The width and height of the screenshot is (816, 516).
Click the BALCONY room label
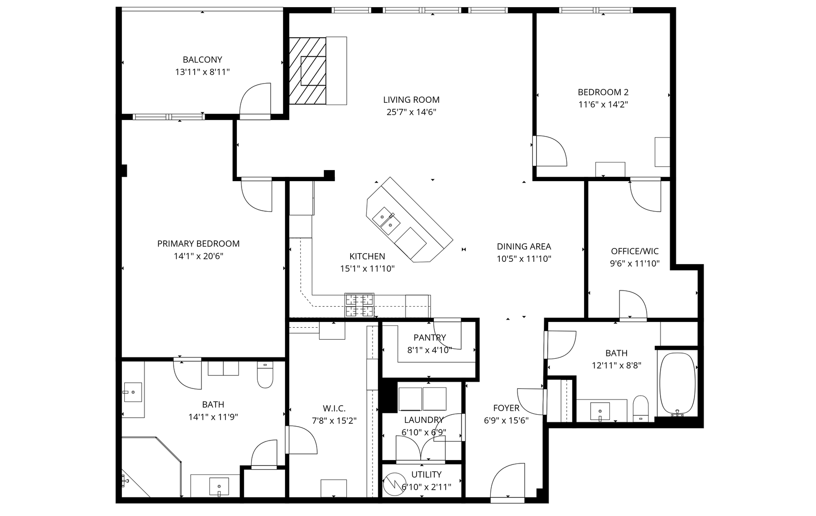[x=202, y=60]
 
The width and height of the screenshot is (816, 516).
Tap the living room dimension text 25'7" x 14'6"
[x=411, y=112]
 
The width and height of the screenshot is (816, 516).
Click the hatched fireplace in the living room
[x=308, y=71]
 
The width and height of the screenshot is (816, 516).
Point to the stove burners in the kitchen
[x=359, y=305]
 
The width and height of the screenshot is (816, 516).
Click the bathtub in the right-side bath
[x=677, y=384]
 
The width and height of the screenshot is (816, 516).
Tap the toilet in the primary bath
[x=265, y=375]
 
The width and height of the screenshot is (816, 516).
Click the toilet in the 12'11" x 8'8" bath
[x=640, y=409]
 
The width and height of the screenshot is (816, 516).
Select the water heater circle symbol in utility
[x=396, y=484]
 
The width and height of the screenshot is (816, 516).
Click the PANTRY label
[x=430, y=337]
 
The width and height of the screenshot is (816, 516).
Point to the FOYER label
[x=506, y=408]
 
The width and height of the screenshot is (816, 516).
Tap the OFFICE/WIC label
[x=635, y=251]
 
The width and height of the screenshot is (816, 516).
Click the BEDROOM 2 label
[x=603, y=92]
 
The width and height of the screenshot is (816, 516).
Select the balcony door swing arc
[x=255, y=99]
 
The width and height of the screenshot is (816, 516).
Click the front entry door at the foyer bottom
[x=507, y=483]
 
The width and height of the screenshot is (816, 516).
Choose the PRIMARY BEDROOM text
[x=198, y=244]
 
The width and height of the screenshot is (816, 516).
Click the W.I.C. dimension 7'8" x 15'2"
[x=334, y=421]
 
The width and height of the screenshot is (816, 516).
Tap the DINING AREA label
[x=524, y=247]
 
